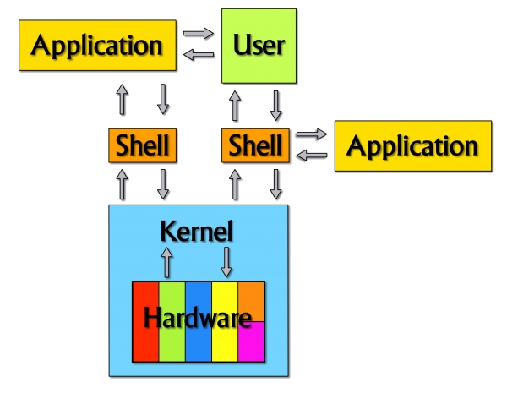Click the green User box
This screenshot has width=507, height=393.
point(259,46)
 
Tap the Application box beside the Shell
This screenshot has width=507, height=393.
point(412,145)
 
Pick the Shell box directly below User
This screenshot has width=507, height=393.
point(257,146)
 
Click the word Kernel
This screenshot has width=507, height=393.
point(197,231)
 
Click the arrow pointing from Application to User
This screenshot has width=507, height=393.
point(199,35)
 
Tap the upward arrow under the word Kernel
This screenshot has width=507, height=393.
point(166,262)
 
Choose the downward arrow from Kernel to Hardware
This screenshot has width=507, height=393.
point(226,262)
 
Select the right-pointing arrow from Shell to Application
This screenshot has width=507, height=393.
point(311,134)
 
